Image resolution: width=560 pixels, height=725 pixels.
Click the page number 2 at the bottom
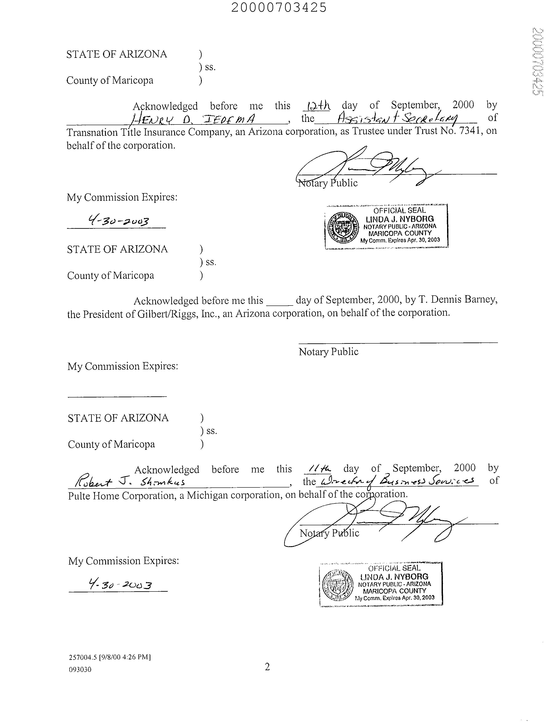point(267,666)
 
